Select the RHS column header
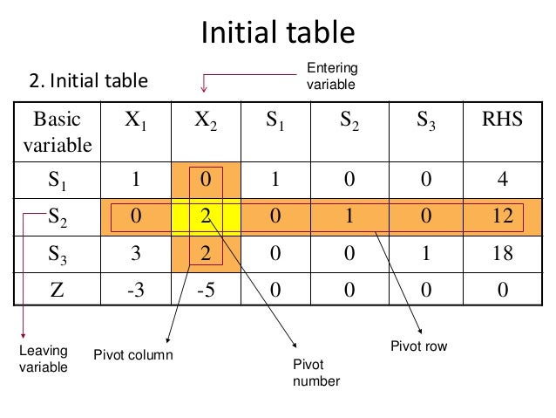click(498, 120)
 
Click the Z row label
click(58, 290)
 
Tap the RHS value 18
click(498, 253)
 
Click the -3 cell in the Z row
click(135, 290)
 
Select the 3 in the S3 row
click(135, 253)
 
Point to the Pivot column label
click(133, 355)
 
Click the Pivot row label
click(419, 346)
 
